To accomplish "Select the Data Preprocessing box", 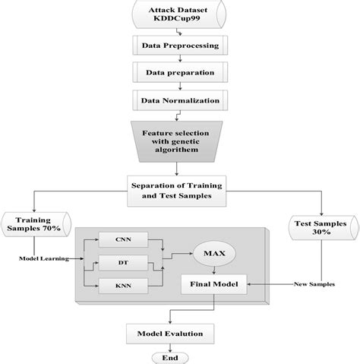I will pos(180,46).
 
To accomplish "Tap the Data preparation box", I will pos(180,72).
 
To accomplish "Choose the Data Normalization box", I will pos(180,99).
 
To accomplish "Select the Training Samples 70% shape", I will pos(36,223).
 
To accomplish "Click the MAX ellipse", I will pos(219,250).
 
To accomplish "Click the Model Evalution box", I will pos(180,332).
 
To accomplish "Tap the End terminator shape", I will pos(180,357).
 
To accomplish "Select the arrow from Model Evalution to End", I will pos(180,346).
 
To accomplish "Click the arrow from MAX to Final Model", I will pos(219,269).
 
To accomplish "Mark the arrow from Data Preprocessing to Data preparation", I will pos(180,59).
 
